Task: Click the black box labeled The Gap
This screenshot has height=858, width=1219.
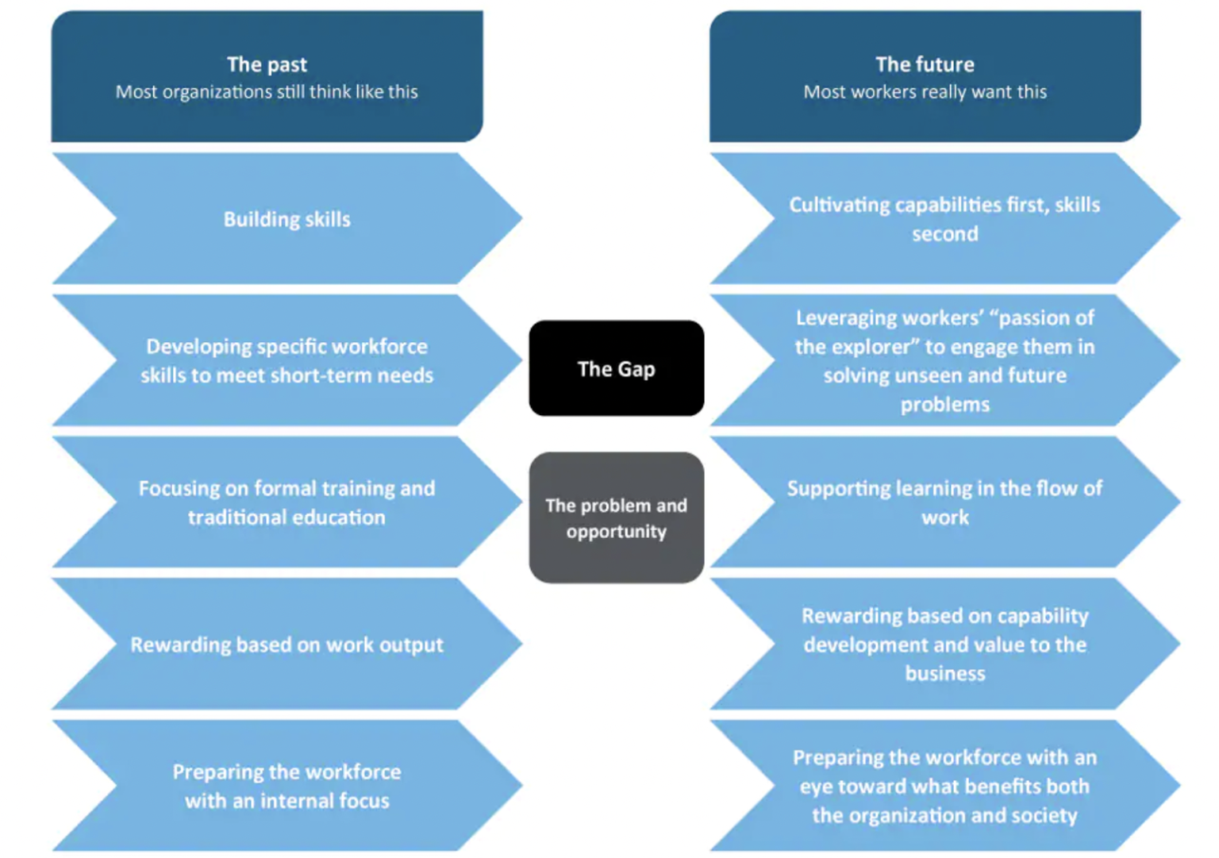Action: click(616, 368)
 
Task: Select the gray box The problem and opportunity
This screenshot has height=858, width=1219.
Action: click(616, 517)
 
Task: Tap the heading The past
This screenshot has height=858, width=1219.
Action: click(267, 64)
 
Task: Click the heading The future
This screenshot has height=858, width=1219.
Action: click(925, 64)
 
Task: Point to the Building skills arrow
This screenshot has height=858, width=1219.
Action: click(286, 219)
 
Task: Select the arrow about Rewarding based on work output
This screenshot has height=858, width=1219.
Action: click(286, 644)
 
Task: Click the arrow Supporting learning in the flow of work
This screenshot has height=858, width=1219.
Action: click(944, 502)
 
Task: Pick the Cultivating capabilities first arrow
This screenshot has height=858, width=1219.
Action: click(944, 219)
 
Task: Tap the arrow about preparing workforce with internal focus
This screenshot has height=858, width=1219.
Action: click(286, 786)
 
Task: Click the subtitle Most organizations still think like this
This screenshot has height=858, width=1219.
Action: click(267, 92)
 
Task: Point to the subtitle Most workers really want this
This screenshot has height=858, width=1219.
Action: click(925, 92)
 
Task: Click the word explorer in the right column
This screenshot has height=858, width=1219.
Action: click(874, 347)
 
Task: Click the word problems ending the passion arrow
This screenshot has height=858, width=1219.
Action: click(944, 405)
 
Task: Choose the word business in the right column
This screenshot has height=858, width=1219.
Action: click(944, 674)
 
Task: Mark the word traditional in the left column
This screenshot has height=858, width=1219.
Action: click(236, 517)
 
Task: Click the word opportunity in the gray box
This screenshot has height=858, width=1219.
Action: click(616, 532)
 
